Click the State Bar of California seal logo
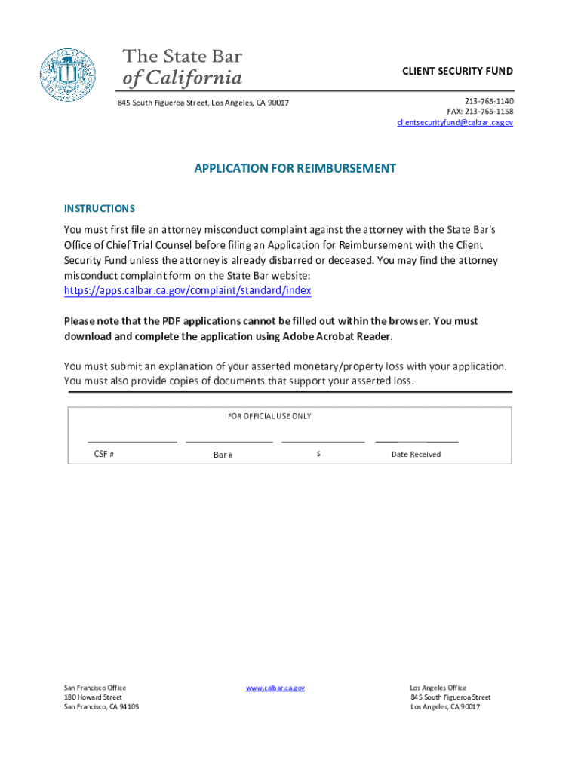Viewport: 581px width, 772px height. point(68,75)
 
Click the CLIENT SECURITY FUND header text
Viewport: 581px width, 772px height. point(457,72)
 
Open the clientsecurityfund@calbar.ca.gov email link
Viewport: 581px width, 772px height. point(455,122)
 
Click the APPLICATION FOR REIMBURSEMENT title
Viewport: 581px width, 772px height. point(295,169)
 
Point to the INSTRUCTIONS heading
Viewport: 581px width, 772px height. point(100,209)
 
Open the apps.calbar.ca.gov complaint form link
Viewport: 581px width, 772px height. point(187,291)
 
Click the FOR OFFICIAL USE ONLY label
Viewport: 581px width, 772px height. point(269,416)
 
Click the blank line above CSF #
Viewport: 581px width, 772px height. point(132,440)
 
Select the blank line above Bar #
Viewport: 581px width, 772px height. point(229,440)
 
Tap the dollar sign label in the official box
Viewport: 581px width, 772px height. point(319,454)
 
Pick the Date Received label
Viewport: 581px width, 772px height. point(416,455)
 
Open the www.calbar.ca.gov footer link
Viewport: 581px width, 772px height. point(275,688)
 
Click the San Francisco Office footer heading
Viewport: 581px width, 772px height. point(95,688)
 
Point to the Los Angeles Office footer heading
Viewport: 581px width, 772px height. point(438,688)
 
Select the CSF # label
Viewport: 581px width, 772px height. point(104,455)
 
